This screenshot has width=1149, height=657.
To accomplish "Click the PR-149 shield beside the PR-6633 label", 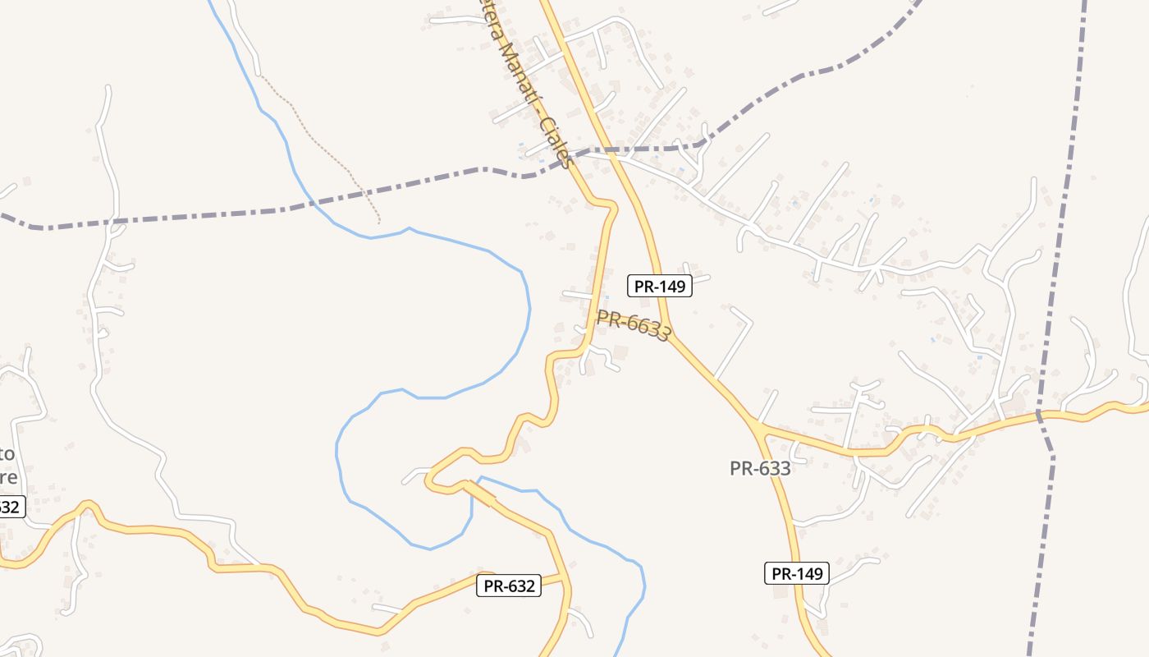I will tap(660, 286).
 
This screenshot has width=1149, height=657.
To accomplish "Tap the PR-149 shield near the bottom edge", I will tap(797, 573).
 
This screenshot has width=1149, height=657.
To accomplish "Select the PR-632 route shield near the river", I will tap(509, 586).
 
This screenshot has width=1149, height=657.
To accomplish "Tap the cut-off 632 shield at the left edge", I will tap(11, 507).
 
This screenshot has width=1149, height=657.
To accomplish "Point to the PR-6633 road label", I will tap(634, 325).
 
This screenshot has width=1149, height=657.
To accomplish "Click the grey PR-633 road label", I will tap(760, 469).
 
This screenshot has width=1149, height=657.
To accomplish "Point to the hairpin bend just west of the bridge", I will tap(430, 480).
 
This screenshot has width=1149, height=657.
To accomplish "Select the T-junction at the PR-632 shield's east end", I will tap(565, 578).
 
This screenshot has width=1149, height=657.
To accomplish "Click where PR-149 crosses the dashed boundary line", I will tap(608, 150).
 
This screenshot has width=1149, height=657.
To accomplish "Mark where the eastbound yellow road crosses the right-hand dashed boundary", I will tap(1039, 414).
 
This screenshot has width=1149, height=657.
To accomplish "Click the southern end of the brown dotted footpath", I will tap(379, 222).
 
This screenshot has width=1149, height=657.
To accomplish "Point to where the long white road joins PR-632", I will tap(263, 566).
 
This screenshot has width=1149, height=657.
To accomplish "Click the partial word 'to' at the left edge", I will tap(7, 454).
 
